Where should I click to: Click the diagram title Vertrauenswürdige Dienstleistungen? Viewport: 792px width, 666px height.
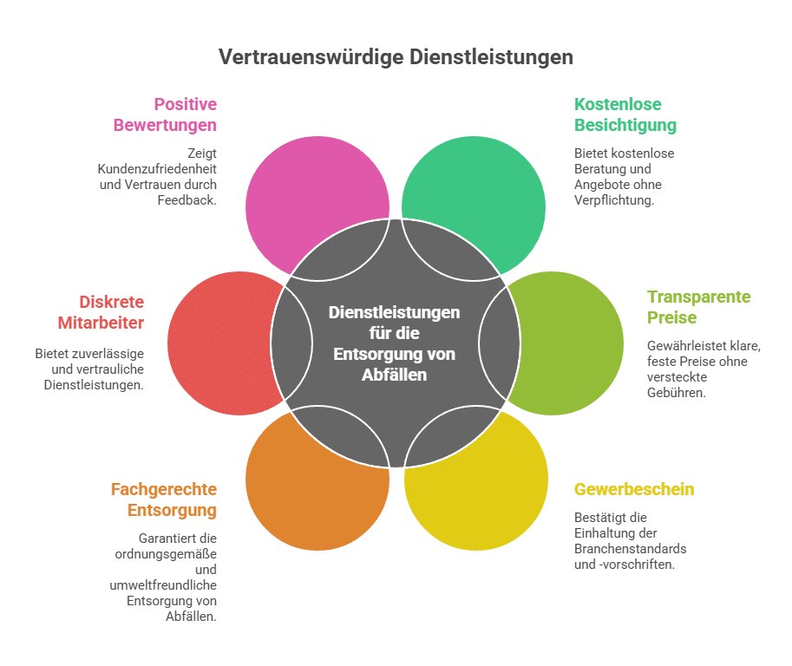396,57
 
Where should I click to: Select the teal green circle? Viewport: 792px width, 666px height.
486,186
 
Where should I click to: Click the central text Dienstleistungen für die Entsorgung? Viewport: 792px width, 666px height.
396,343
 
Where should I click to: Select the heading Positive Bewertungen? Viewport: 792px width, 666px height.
165,114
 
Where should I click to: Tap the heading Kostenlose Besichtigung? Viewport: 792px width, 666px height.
625,114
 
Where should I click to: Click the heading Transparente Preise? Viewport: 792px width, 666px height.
698,307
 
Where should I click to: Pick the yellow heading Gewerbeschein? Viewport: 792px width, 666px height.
634,489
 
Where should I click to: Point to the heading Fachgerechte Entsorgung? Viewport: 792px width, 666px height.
164,499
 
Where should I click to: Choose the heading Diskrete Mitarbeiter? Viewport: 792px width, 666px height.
112,312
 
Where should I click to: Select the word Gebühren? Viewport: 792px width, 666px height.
676,392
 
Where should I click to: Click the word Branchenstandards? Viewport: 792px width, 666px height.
630,549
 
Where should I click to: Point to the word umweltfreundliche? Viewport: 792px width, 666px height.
164,585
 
